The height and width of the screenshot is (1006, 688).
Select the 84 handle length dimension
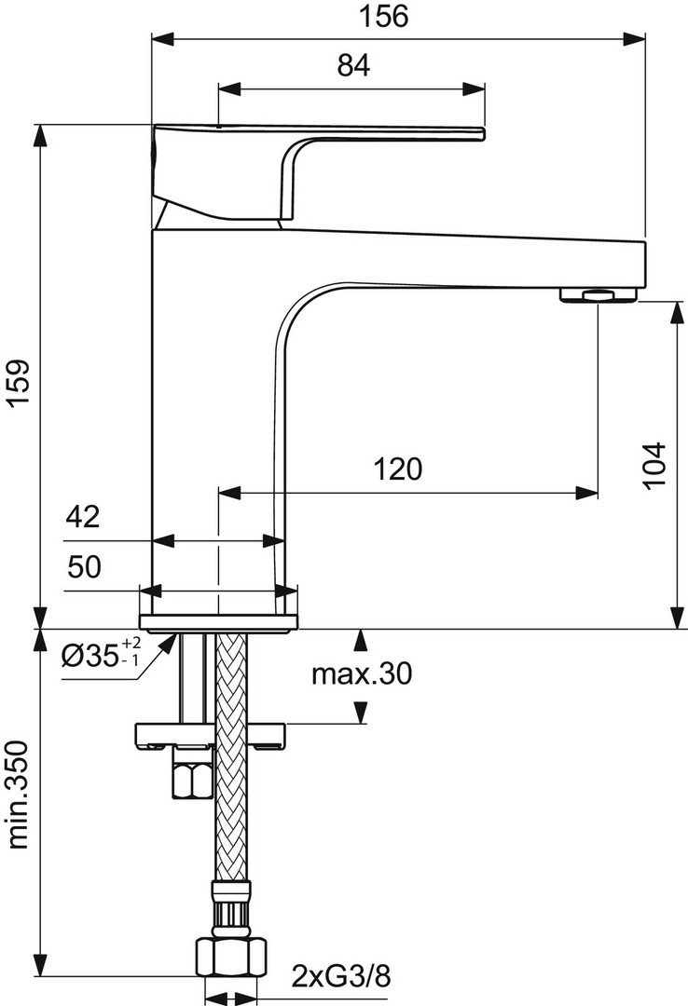(x=354, y=65)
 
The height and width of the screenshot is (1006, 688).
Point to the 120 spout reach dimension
(x=398, y=469)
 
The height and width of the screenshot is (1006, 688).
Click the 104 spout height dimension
(x=655, y=465)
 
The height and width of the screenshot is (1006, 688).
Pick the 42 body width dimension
(x=83, y=516)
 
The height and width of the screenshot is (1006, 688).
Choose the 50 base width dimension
(x=84, y=567)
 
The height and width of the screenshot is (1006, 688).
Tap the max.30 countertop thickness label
(x=361, y=673)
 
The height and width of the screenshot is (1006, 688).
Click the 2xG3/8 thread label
(x=341, y=977)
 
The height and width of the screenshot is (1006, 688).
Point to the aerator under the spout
(x=599, y=294)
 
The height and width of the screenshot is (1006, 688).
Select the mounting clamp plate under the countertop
(x=210, y=735)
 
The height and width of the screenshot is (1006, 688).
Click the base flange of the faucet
(x=218, y=621)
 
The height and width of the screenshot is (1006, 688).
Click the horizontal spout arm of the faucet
(x=462, y=260)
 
